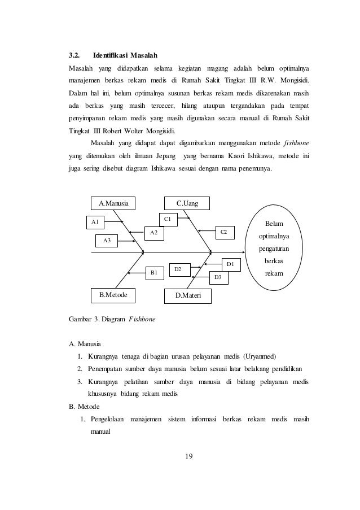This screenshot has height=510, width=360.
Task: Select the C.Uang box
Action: coord(187,203)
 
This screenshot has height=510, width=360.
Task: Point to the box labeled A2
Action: coord(153,232)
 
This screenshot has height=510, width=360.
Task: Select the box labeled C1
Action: coord(168,218)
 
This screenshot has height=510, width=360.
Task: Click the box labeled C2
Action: coord(224,232)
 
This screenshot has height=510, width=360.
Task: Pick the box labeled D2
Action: coord(177,270)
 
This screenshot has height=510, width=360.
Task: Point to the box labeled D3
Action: coord(218,277)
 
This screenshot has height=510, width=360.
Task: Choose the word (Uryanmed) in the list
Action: coord(260,356)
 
